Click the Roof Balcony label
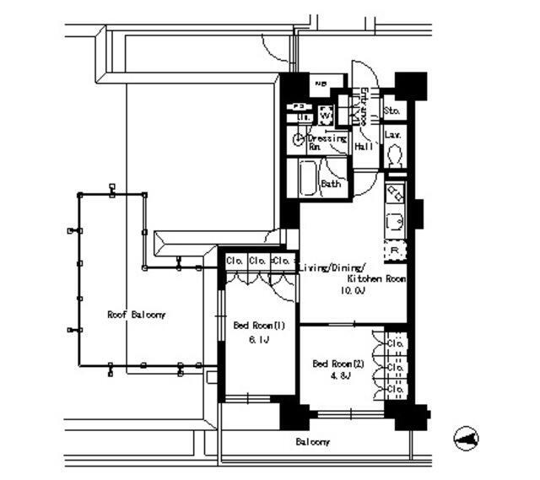136,315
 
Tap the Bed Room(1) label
251,326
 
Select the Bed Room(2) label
338,364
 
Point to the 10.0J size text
352,290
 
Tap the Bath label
330,183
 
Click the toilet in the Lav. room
393,154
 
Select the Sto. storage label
391,111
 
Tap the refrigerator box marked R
395,251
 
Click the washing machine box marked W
327,115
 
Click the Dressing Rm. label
325,142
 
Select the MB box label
321,84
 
